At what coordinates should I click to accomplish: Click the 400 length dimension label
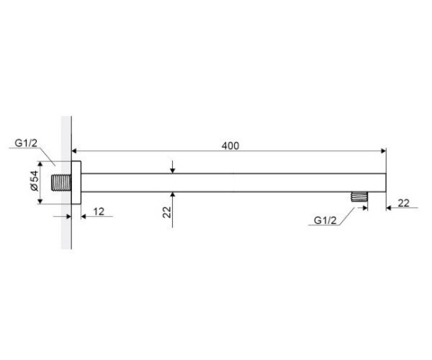point(230,146)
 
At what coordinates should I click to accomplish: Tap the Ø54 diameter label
point(34,181)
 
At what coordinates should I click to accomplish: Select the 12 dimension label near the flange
point(99,211)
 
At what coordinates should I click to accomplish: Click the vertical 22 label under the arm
point(167,212)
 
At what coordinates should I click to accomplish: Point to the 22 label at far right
point(404,203)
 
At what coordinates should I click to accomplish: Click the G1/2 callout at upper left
point(26,143)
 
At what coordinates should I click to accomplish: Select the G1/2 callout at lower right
point(325,221)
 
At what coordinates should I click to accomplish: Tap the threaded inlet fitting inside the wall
point(61,182)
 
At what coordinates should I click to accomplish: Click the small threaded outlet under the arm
point(359,197)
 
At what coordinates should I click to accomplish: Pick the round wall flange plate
point(77,182)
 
